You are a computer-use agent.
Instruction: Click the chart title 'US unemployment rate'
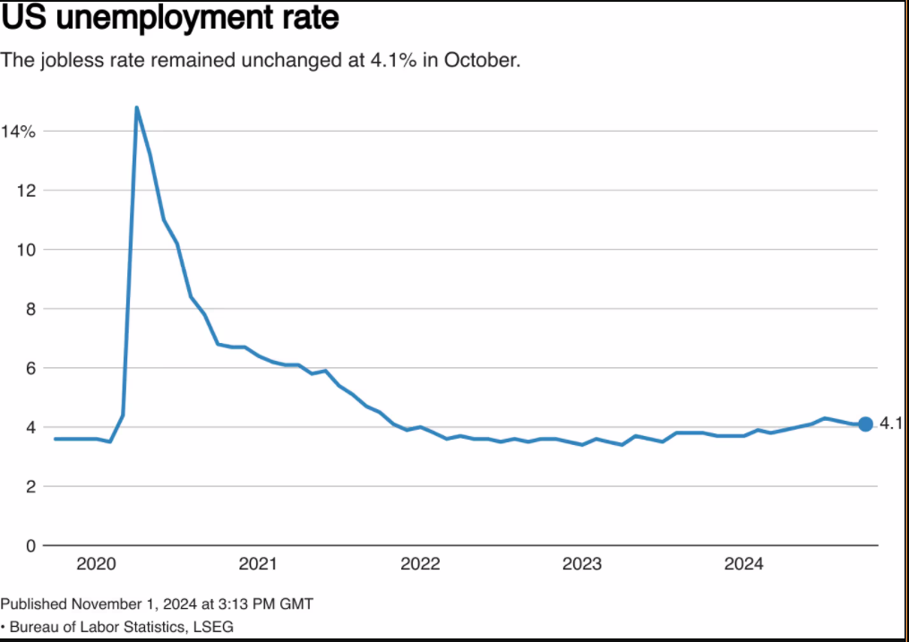pyautogui.click(x=170, y=17)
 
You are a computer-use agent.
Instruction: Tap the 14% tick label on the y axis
pyautogui.click(x=18, y=132)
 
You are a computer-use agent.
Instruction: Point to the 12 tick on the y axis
pyautogui.click(x=27, y=191)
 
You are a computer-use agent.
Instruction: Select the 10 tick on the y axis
pyautogui.click(x=27, y=250)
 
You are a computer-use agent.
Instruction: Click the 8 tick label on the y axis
pyautogui.click(x=30, y=310)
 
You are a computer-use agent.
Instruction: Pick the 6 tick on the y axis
pyautogui.click(x=30, y=369)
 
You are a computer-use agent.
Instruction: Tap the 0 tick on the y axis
pyautogui.click(x=30, y=546)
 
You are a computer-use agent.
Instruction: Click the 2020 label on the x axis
pyautogui.click(x=96, y=564)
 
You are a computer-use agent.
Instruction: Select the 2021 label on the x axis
pyautogui.click(x=258, y=564)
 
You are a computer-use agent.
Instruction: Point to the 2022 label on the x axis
pyautogui.click(x=420, y=564)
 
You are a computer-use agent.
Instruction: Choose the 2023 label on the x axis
pyautogui.click(x=582, y=564)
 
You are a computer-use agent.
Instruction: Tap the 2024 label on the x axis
pyautogui.click(x=744, y=564)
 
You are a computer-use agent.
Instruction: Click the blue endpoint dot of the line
pyautogui.click(x=865, y=424)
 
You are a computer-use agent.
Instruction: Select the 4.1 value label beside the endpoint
pyautogui.click(x=891, y=424)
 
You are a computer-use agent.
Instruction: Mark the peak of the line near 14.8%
pyautogui.click(x=136, y=107)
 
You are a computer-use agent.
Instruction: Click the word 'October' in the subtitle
pyautogui.click(x=480, y=60)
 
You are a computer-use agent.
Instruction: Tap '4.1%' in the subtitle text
pyautogui.click(x=393, y=60)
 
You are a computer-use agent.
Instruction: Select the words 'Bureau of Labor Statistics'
pyautogui.click(x=97, y=627)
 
